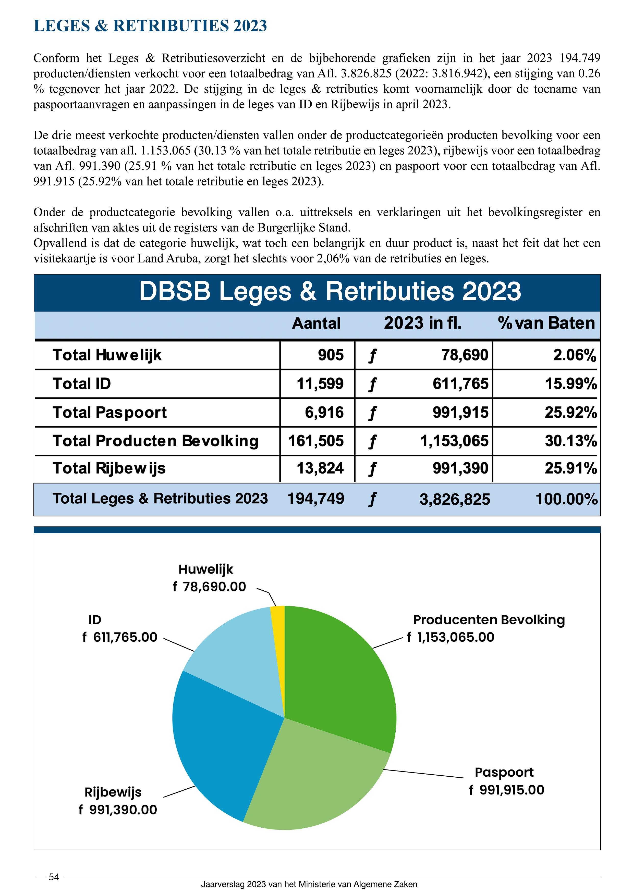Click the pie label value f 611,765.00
point(120,637)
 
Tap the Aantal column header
point(316,323)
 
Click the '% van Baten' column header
point(546,323)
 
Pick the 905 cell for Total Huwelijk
point(331,355)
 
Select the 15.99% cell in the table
point(571,383)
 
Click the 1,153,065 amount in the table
point(454,441)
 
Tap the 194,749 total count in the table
point(315,499)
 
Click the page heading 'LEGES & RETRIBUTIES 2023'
point(150,26)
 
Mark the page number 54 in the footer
point(54,877)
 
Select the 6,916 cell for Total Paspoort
point(324,412)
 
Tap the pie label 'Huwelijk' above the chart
point(205,569)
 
